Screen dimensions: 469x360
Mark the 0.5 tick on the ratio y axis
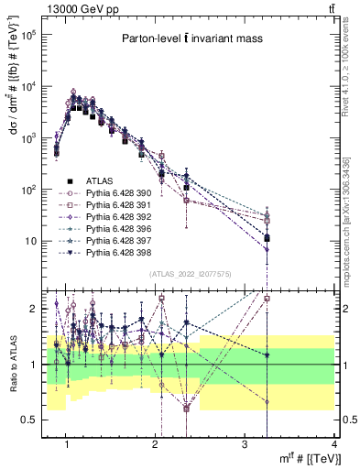(x=34, y=420)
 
